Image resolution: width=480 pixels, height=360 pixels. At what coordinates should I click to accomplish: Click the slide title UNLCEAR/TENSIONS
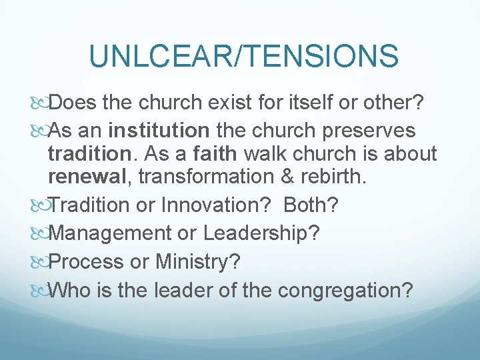243,56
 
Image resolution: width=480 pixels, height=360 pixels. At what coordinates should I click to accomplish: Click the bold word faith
215,155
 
